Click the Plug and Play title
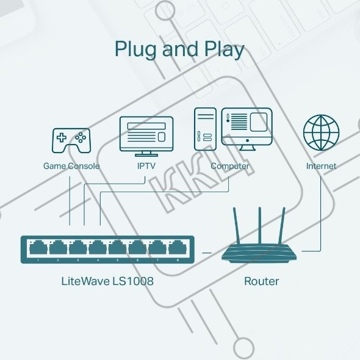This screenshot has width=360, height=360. click(179, 49)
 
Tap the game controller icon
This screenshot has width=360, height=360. click(71, 140)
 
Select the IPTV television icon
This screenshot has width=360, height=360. click(146, 137)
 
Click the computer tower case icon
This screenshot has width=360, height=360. click(205, 129)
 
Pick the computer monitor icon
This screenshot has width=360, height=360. click(247, 129)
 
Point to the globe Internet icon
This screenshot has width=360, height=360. click(321, 132)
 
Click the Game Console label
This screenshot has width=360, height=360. click(71, 166)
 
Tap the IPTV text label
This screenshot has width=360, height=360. click(146, 166)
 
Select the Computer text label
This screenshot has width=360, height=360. click(230, 166)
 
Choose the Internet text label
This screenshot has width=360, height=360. click(321, 166)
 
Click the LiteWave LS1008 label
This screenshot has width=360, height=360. click(107, 281)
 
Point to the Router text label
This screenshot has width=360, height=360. click(262, 281)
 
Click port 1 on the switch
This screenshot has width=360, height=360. click(38, 247)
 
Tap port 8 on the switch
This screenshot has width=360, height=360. click(178, 247)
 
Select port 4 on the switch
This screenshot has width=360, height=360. click(98, 247)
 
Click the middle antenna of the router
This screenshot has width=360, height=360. click(260, 226)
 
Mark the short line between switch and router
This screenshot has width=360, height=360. click(207, 253)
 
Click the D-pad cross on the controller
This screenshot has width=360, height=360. click(62, 137)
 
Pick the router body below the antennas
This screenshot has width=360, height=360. click(259, 253)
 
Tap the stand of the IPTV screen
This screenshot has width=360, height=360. click(146, 154)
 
